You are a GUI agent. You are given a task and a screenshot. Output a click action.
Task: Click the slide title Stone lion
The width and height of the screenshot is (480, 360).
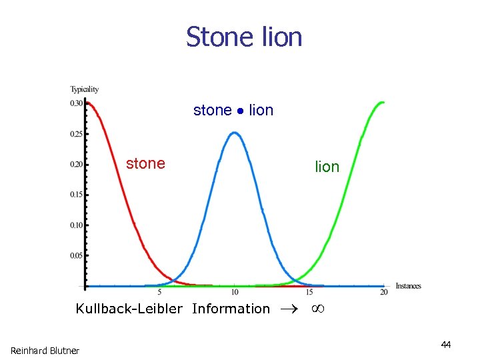coord(244,37)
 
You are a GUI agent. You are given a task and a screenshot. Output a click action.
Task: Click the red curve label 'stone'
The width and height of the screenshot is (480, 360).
coord(145,163)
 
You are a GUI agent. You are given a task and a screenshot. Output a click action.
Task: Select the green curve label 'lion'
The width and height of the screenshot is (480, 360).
coord(327,167)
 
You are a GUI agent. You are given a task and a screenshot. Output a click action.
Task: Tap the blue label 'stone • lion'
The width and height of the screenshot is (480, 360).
coord(233,110)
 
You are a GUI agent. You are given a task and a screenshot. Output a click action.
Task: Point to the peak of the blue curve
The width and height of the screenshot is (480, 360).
coord(235,133)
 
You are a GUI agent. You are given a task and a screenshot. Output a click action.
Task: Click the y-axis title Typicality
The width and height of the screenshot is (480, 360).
coord(85,89)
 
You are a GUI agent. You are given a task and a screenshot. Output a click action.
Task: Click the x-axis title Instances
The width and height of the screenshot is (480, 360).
coord(408,286)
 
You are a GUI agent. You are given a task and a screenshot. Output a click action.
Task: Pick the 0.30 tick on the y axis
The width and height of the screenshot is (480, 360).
coord(77,103)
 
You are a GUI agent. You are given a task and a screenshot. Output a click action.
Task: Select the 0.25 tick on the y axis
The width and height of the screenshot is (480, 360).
coord(77,134)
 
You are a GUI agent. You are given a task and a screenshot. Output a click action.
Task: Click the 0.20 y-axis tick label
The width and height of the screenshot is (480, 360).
coord(77,165)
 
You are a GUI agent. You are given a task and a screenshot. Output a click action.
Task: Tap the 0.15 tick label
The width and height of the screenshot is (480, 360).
coord(77,195)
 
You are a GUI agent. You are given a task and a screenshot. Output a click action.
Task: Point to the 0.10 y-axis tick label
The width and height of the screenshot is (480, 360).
coord(77,225)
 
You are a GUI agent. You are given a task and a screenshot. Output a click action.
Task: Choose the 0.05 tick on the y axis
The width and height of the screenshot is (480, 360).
coord(77,255)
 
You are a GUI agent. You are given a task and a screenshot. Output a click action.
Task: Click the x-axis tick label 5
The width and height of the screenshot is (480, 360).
coord(159,293)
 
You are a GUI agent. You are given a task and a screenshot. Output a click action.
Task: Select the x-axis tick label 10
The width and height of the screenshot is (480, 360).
coord(235,293)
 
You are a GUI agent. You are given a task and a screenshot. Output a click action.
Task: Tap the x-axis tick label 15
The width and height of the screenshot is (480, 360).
coord(309,293)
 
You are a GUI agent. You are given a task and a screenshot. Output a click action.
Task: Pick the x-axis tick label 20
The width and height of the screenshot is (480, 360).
coord(384,293)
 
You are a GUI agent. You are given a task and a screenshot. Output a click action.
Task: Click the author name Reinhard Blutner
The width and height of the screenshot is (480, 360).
coord(45,351)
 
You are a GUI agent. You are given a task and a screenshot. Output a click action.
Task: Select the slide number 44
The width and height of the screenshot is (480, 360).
coord(446,345)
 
